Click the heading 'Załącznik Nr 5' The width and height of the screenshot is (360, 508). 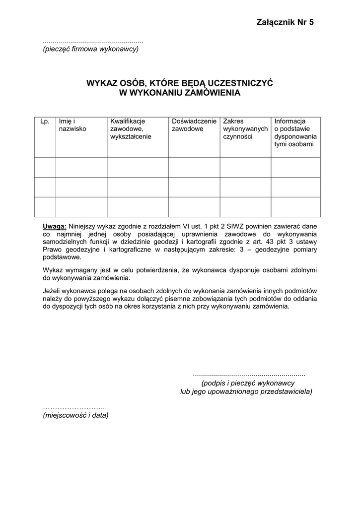click(x=286, y=22)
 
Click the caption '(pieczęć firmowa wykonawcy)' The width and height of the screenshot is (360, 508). click(x=90, y=49)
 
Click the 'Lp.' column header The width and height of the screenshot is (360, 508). click(x=45, y=121)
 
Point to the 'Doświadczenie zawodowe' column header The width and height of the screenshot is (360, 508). click(x=194, y=125)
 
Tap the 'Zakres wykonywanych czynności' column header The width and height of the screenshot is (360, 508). click(x=245, y=128)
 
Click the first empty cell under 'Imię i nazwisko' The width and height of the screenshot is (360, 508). click(x=81, y=167)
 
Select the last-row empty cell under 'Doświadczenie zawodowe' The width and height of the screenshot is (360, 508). click(x=194, y=207)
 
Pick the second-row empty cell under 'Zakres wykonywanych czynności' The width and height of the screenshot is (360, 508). click(x=245, y=187)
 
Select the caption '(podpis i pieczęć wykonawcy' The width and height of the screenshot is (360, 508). click(x=248, y=383)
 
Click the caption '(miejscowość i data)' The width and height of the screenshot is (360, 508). click(x=75, y=415)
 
